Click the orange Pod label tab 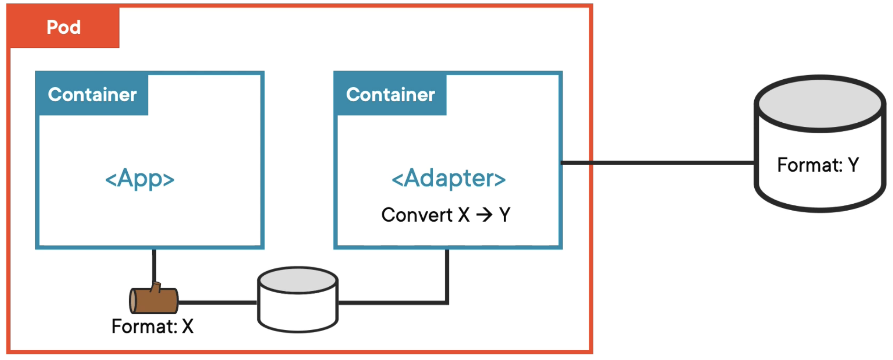(x=64, y=27)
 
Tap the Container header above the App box (x=92, y=95)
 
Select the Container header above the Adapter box (x=390, y=95)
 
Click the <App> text (x=140, y=179)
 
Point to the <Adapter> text (x=448, y=178)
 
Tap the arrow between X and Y (x=484, y=214)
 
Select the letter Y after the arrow (x=505, y=215)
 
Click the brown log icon (x=154, y=300)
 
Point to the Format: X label (x=152, y=327)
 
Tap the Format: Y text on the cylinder (x=818, y=165)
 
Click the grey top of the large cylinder (x=820, y=104)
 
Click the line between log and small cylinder (x=218, y=302)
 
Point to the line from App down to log (x=154, y=266)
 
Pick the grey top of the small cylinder (x=298, y=280)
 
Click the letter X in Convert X (x=464, y=215)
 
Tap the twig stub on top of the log (x=157, y=287)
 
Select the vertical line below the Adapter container (x=447, y=275)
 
